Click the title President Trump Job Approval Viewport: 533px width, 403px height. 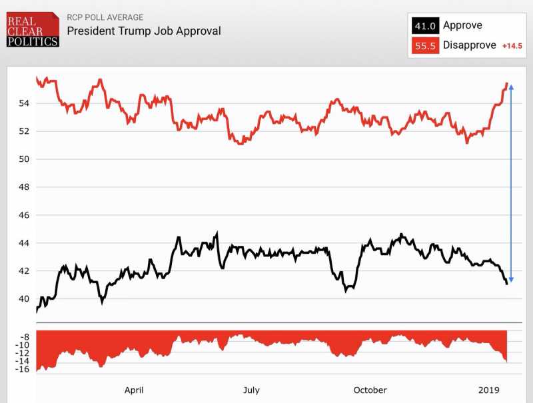pos(144,31)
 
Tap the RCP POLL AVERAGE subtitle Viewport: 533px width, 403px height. pos(105,17)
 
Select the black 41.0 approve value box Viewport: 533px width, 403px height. pos(425,26)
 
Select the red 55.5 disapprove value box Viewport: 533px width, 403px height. pos(425,45)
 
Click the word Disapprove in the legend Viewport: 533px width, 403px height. pos(470,45)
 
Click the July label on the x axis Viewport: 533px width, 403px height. pos(251,390)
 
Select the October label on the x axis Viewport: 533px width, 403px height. pos(370,390)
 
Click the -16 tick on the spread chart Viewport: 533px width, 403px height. pos(21,370)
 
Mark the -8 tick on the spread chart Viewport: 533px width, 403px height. pos(24,337)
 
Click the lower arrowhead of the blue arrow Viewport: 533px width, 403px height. pos(511,280)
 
